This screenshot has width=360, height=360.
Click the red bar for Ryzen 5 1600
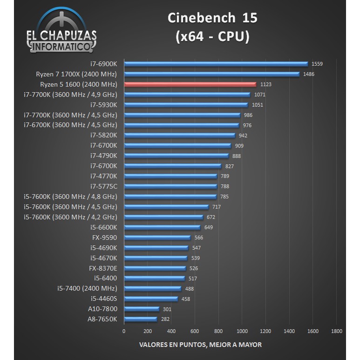(190, 84)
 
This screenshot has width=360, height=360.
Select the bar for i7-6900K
(216, 64)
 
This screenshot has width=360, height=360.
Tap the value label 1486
(308, 74)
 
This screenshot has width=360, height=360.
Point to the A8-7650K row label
(102, 319)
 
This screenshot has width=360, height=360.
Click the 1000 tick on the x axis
(242, 331)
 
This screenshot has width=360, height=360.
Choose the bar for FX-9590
(157, 238)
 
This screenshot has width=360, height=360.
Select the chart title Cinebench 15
(212, 18)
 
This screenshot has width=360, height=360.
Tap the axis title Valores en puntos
(200, 345)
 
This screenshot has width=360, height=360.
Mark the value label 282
(165, 319)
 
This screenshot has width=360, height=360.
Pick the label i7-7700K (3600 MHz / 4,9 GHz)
(70, 95)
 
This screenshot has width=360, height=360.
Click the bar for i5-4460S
(150, 299)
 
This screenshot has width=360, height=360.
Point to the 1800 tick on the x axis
(336, 331)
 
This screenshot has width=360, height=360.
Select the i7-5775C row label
(103, 186)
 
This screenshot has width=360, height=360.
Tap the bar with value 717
(166, 207)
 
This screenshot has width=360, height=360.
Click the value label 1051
(257, 105)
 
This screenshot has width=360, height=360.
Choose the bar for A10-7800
(141, 309)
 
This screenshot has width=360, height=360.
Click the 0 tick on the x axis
(123, 331)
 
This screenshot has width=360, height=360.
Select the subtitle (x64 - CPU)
(212, 37)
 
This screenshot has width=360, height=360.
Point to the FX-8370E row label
(103, 268)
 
